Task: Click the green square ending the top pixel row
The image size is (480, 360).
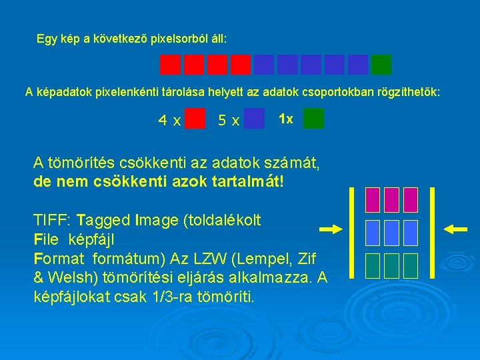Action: pyautogui.click(x=381, y=64)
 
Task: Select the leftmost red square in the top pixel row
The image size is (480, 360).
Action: pyautogui.click(x=171, y=64)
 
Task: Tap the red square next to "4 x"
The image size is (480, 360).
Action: pyautogui.click(x=195, y=119)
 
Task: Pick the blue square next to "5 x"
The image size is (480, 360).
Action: pyautogui.click(x=254, y=119)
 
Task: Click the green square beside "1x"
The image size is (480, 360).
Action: pyautogui.click(x=313, y=119)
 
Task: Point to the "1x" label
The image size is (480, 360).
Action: pyautogui.click(x=285, y=119)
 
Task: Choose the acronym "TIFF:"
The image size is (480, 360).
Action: pyautogui.click(x=53, y=220)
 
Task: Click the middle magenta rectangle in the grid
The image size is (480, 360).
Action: pyautogui.click(x=392, y=199)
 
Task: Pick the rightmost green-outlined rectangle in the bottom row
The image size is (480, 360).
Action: pyautogui.click(x=411, y=265)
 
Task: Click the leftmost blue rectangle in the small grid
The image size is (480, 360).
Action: pyautogui.click(x=373, y=233)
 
